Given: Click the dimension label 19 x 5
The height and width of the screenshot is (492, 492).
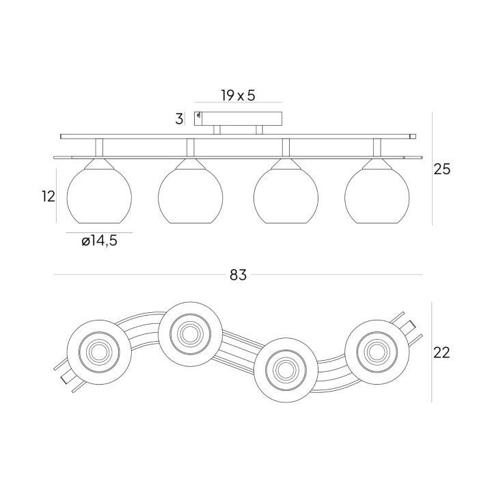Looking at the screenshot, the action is [x=238, y=96].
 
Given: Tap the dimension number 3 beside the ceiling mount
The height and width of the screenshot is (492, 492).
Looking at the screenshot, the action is [x=179, y=119].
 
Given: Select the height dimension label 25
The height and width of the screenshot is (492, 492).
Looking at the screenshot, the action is [x=442, y=169].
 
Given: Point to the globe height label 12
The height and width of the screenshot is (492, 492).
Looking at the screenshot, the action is [x=49, y=196].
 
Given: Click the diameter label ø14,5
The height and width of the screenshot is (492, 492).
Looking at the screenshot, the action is [x=99, y=241].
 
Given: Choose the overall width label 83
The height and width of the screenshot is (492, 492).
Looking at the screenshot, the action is [x=238, y=275].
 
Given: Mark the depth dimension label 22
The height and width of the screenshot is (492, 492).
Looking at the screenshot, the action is [x=441, y=353].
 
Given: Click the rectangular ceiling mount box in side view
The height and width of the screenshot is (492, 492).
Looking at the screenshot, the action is [x=238, y=119].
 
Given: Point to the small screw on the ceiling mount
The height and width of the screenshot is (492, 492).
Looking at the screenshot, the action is [x=199, y=115].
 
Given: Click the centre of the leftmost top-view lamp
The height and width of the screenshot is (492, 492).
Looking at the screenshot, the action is [x=99, y=352].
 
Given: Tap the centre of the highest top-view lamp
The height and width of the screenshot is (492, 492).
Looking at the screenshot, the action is [x=191, y=334].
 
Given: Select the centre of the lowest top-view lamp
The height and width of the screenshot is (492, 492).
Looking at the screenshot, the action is [x=286, y=370].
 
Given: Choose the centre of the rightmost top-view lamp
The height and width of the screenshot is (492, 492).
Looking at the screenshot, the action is [x=377, y=352].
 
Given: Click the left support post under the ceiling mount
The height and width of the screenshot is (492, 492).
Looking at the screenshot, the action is [x=217, y=130].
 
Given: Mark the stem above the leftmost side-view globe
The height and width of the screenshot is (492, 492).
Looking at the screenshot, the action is [x=99, y=148].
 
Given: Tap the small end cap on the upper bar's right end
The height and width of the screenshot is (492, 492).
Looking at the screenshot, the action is [x=413, y=137].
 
